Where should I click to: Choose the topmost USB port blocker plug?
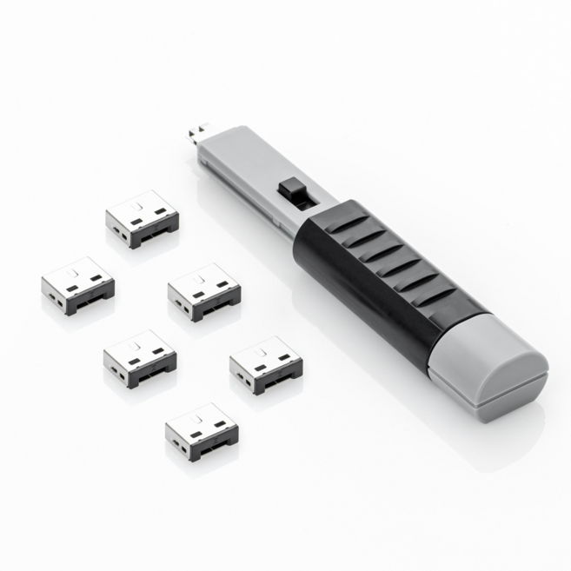point(142,217)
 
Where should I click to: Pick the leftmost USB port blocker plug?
point(77,283)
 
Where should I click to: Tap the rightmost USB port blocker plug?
point(266,362)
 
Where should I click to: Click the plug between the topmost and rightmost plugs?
point(203,290)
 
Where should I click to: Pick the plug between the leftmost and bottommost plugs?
point(139,356)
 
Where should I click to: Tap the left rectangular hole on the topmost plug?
point(136,222)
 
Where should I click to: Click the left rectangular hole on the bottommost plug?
point(196,435)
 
